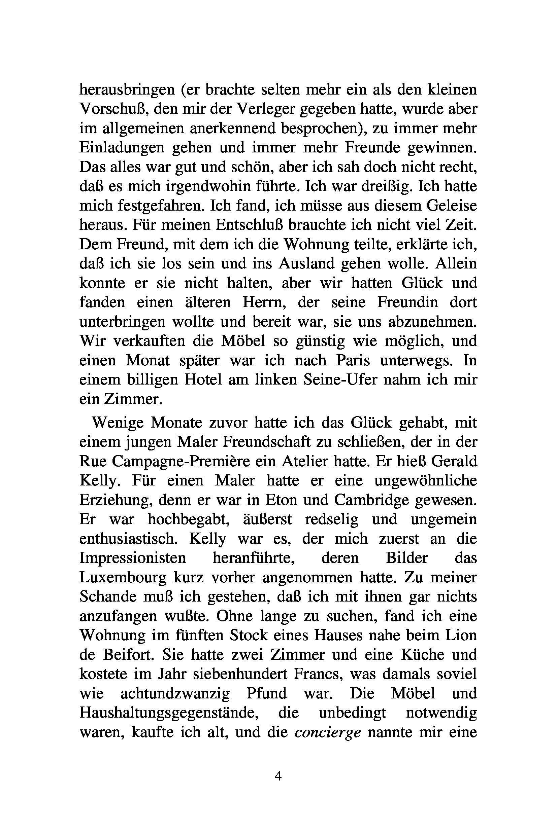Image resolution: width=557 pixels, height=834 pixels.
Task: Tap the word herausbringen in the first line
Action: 127,90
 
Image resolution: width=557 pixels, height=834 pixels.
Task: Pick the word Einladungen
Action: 122,147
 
